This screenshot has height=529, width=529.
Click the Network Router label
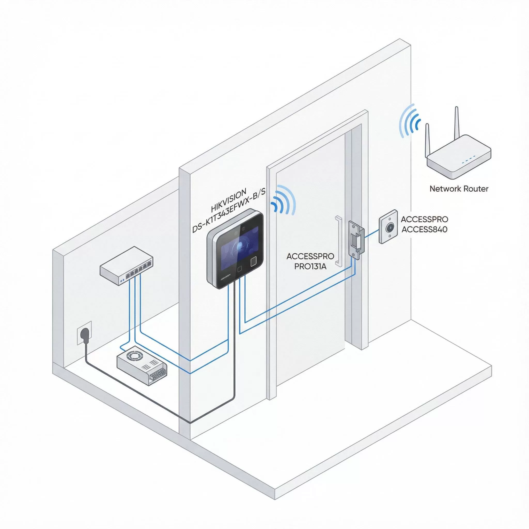[x=459, y=189]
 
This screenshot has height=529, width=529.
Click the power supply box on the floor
[x=142, y=365]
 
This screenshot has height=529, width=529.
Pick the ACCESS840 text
[x=424, y=229]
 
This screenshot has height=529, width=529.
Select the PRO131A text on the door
[x=310, y=266]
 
